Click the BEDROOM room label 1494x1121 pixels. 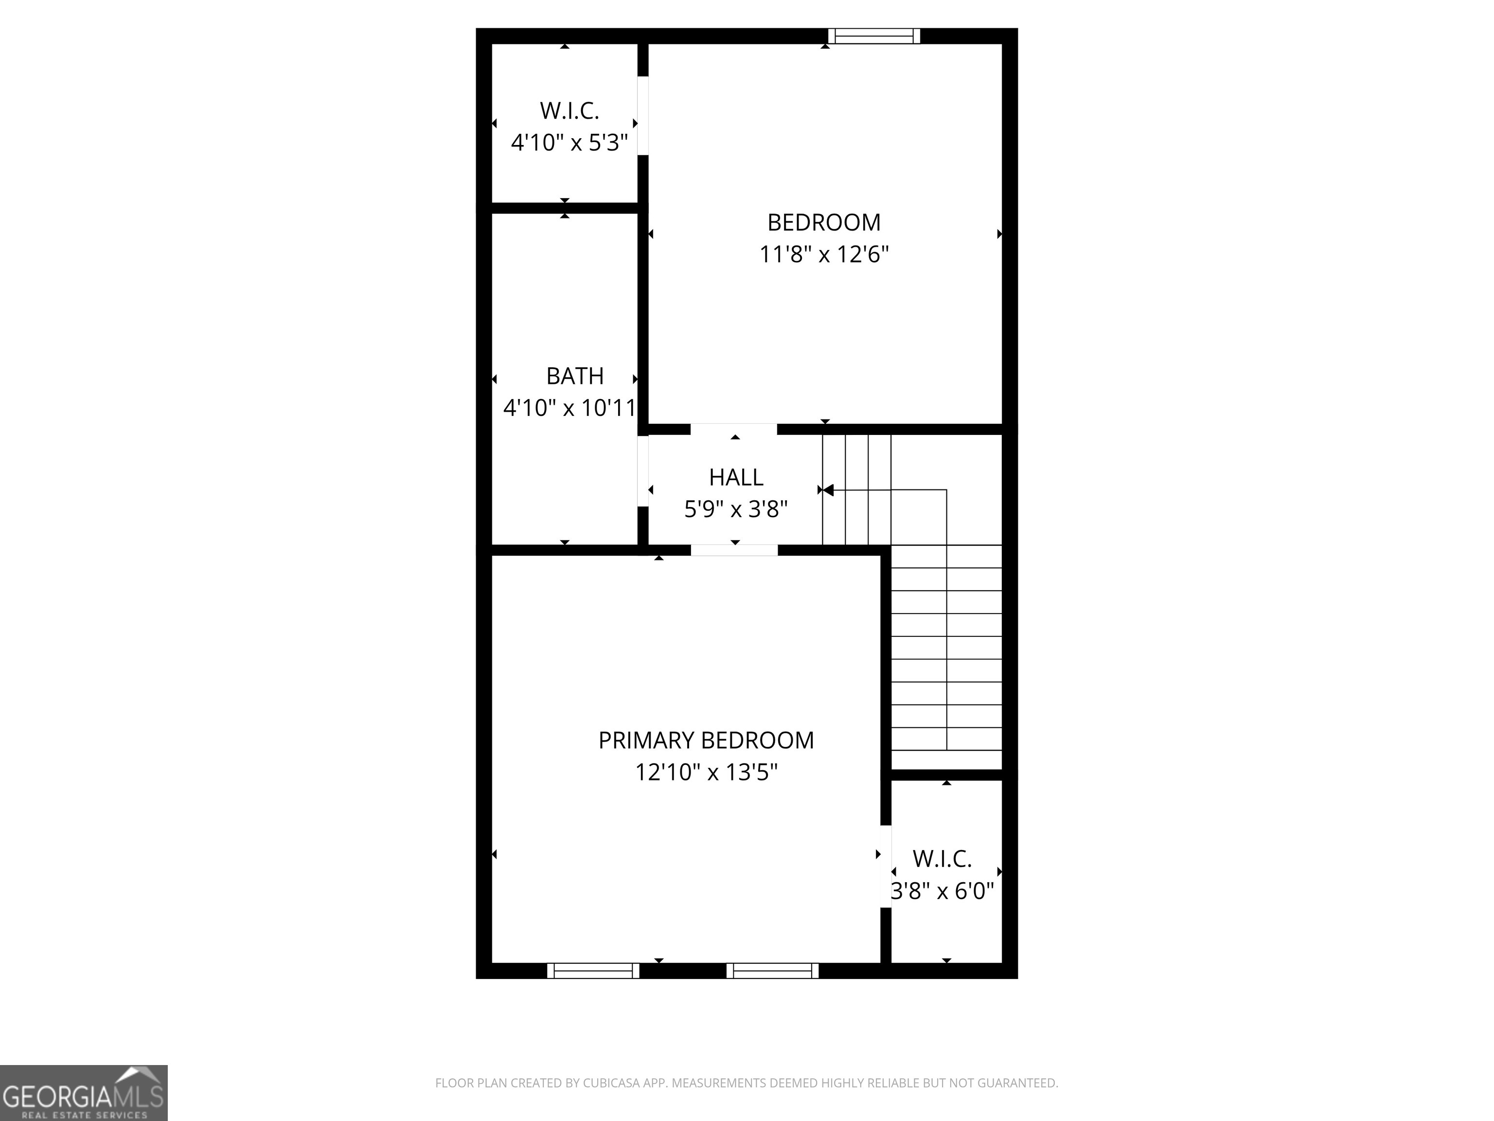[823, 222]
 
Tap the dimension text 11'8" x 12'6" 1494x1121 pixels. [823, 255]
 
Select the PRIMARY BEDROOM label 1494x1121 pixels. [706, 741]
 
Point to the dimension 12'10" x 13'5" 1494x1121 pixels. [706, 772]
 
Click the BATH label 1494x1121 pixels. [575, 376]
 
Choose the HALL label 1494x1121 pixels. [735, 478]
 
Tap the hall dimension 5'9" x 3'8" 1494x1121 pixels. [735, 509]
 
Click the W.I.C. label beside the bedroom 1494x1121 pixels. [569, 111]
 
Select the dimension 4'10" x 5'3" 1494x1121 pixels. [569, 143]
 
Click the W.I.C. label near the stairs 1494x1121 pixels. [942, 859]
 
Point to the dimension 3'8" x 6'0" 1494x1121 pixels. [942, 891]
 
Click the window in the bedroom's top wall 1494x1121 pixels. [874, 36]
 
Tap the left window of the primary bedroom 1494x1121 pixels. [592, 971]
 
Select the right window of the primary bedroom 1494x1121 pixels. [772, 971]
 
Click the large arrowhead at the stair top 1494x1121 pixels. [828, 490]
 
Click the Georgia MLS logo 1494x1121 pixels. [83, 1093]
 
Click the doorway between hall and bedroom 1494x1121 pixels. [733, 429]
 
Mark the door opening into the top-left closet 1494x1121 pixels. [643, 115]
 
